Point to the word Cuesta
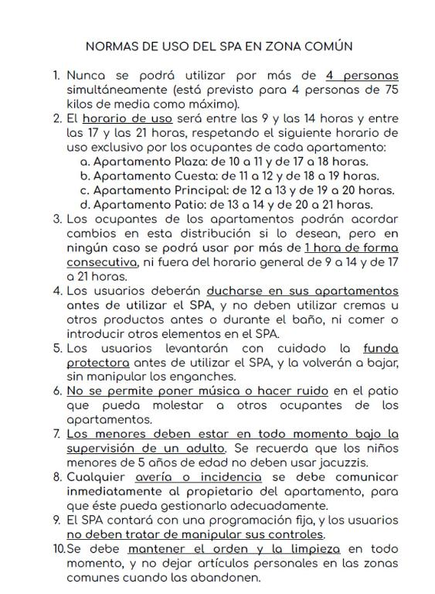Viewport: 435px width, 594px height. (x=187, y=176)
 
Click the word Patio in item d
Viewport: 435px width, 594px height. (x=182, y=205)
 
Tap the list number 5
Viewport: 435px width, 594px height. (x=57, y=349)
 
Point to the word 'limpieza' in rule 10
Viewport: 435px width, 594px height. (x=314, y=549)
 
